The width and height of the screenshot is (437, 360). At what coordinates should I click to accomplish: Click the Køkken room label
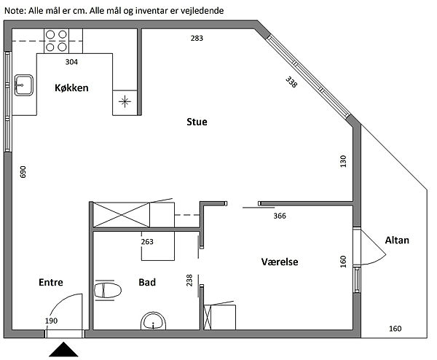[x=71, y=88]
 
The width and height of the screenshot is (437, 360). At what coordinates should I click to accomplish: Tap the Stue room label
[x=197, y=122]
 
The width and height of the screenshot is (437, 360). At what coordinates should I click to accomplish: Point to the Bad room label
[x=147, y=282]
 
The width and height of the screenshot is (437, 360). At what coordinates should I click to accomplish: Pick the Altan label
[x=397, y=240]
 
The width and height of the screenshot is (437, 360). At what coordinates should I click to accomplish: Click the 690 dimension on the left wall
[x=23, y=172]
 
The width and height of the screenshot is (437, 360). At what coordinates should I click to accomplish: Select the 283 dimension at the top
[x=197, y=38]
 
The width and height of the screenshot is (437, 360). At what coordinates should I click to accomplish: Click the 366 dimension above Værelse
[x=280, y=216]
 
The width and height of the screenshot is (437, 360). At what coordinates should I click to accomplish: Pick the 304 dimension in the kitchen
[x=72, y=62]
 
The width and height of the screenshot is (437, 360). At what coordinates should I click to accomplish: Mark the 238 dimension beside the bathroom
[x=189, y=279]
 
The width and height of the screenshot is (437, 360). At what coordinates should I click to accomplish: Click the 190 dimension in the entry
[x=51, y=321]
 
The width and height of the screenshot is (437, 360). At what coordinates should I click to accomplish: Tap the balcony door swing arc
[x=376, y=251]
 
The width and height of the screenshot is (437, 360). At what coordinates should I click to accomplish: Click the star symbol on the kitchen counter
[x=125, y=101]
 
